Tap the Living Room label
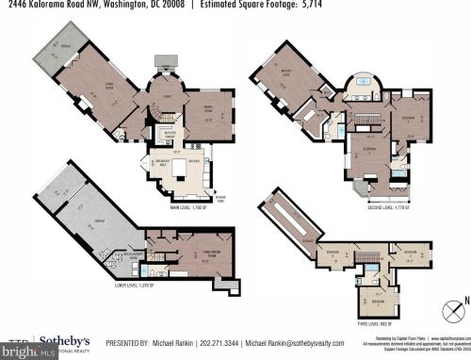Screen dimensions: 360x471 (95, 90)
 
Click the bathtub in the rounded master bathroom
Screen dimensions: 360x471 (364, 93)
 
